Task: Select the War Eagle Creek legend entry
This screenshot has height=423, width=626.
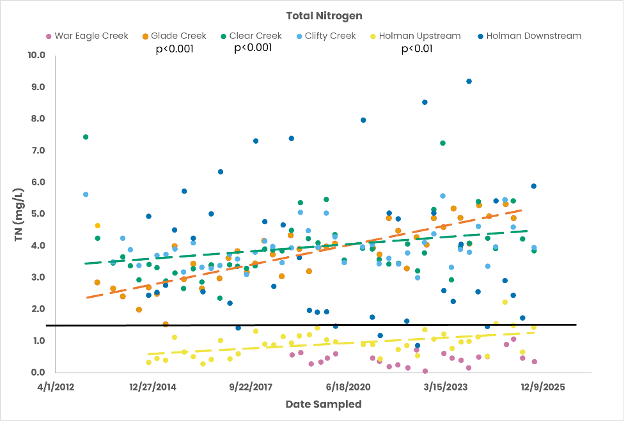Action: coord(91,36)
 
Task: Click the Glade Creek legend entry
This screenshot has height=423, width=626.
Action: coord(178,36)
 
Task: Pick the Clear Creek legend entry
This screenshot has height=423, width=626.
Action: coord(254,36)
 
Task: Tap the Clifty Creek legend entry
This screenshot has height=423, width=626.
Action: coord(330,36)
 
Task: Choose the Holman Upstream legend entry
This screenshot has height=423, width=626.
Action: coord(419,36)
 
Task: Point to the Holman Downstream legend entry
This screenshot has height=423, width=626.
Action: coord(533,36)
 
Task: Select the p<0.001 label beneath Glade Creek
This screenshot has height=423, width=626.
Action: coord(175,49)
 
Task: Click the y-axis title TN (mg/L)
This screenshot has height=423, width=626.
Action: coord(19,215)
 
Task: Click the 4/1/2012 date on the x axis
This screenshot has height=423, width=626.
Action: coord(56,387)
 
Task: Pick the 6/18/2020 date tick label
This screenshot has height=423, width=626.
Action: coord(348,387)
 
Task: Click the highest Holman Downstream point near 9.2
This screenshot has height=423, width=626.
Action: coord(469,81)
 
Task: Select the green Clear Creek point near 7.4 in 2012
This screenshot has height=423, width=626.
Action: coord(86,137)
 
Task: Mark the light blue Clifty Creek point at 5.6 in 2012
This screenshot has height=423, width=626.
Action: coord(86,194)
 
